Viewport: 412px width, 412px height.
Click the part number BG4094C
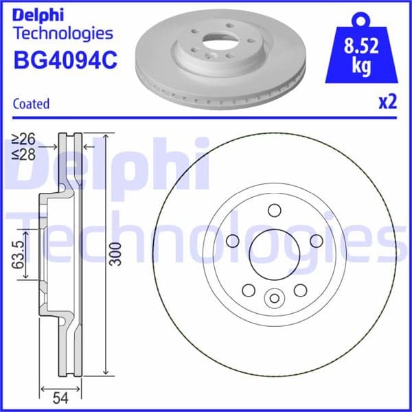65,60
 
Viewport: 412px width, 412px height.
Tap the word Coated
32,104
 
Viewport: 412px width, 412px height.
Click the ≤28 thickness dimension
25,154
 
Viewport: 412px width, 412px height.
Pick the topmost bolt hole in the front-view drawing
274,211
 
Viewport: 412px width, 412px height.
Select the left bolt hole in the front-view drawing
232,241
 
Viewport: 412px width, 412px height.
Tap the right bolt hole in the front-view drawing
316,241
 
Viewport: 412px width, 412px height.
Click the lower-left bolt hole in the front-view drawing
248,290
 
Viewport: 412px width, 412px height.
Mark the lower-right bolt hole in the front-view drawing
300,290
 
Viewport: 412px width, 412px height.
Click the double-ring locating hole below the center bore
274,297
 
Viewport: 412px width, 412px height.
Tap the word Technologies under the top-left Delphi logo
63,33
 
